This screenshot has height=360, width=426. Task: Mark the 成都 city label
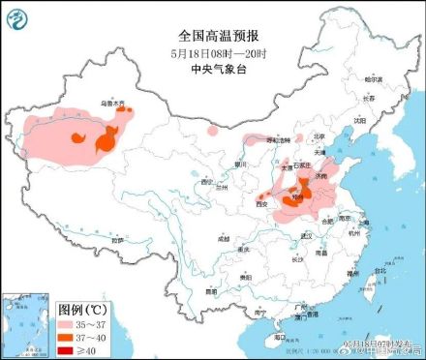click(224, 237)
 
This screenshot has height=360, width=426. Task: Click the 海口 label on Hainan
click(279, 337)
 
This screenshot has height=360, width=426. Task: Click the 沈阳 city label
click(359, 121)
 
